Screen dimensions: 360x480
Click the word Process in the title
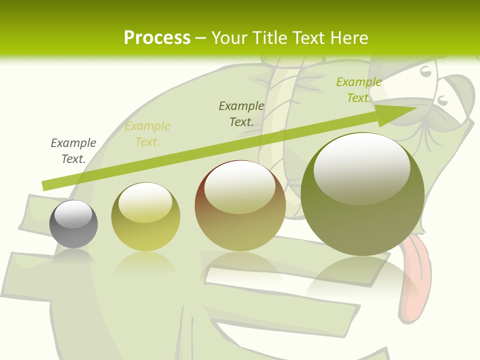pyautogui.click(x=157, y=38)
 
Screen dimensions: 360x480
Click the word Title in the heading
pyautogui.click(x=267, y=38)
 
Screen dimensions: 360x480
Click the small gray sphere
pyautogui.click(x=73, y=224)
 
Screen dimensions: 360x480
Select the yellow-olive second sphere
pyautogui.click(x=145, y=217)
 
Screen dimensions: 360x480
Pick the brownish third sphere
pyautogui.click(x=240, y=206)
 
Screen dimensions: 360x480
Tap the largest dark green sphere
pyautogui.click(x=362, y=194)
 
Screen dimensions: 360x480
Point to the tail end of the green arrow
pyautogui.click(x=45, y=185)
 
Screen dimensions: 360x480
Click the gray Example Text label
pyautogui.click(x=73, y=150)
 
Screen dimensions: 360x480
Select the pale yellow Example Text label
pyautogui.click(x=147, y=133)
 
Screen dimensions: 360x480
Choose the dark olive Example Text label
pyautogui.click(x=241, y=113)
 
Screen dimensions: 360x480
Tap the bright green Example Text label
pyautogui.click(x=359, y=90)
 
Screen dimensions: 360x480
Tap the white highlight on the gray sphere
pyautogui.click(x=73, y=213)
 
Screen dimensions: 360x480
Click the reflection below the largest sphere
pyautogui.click(x=362, y=280)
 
